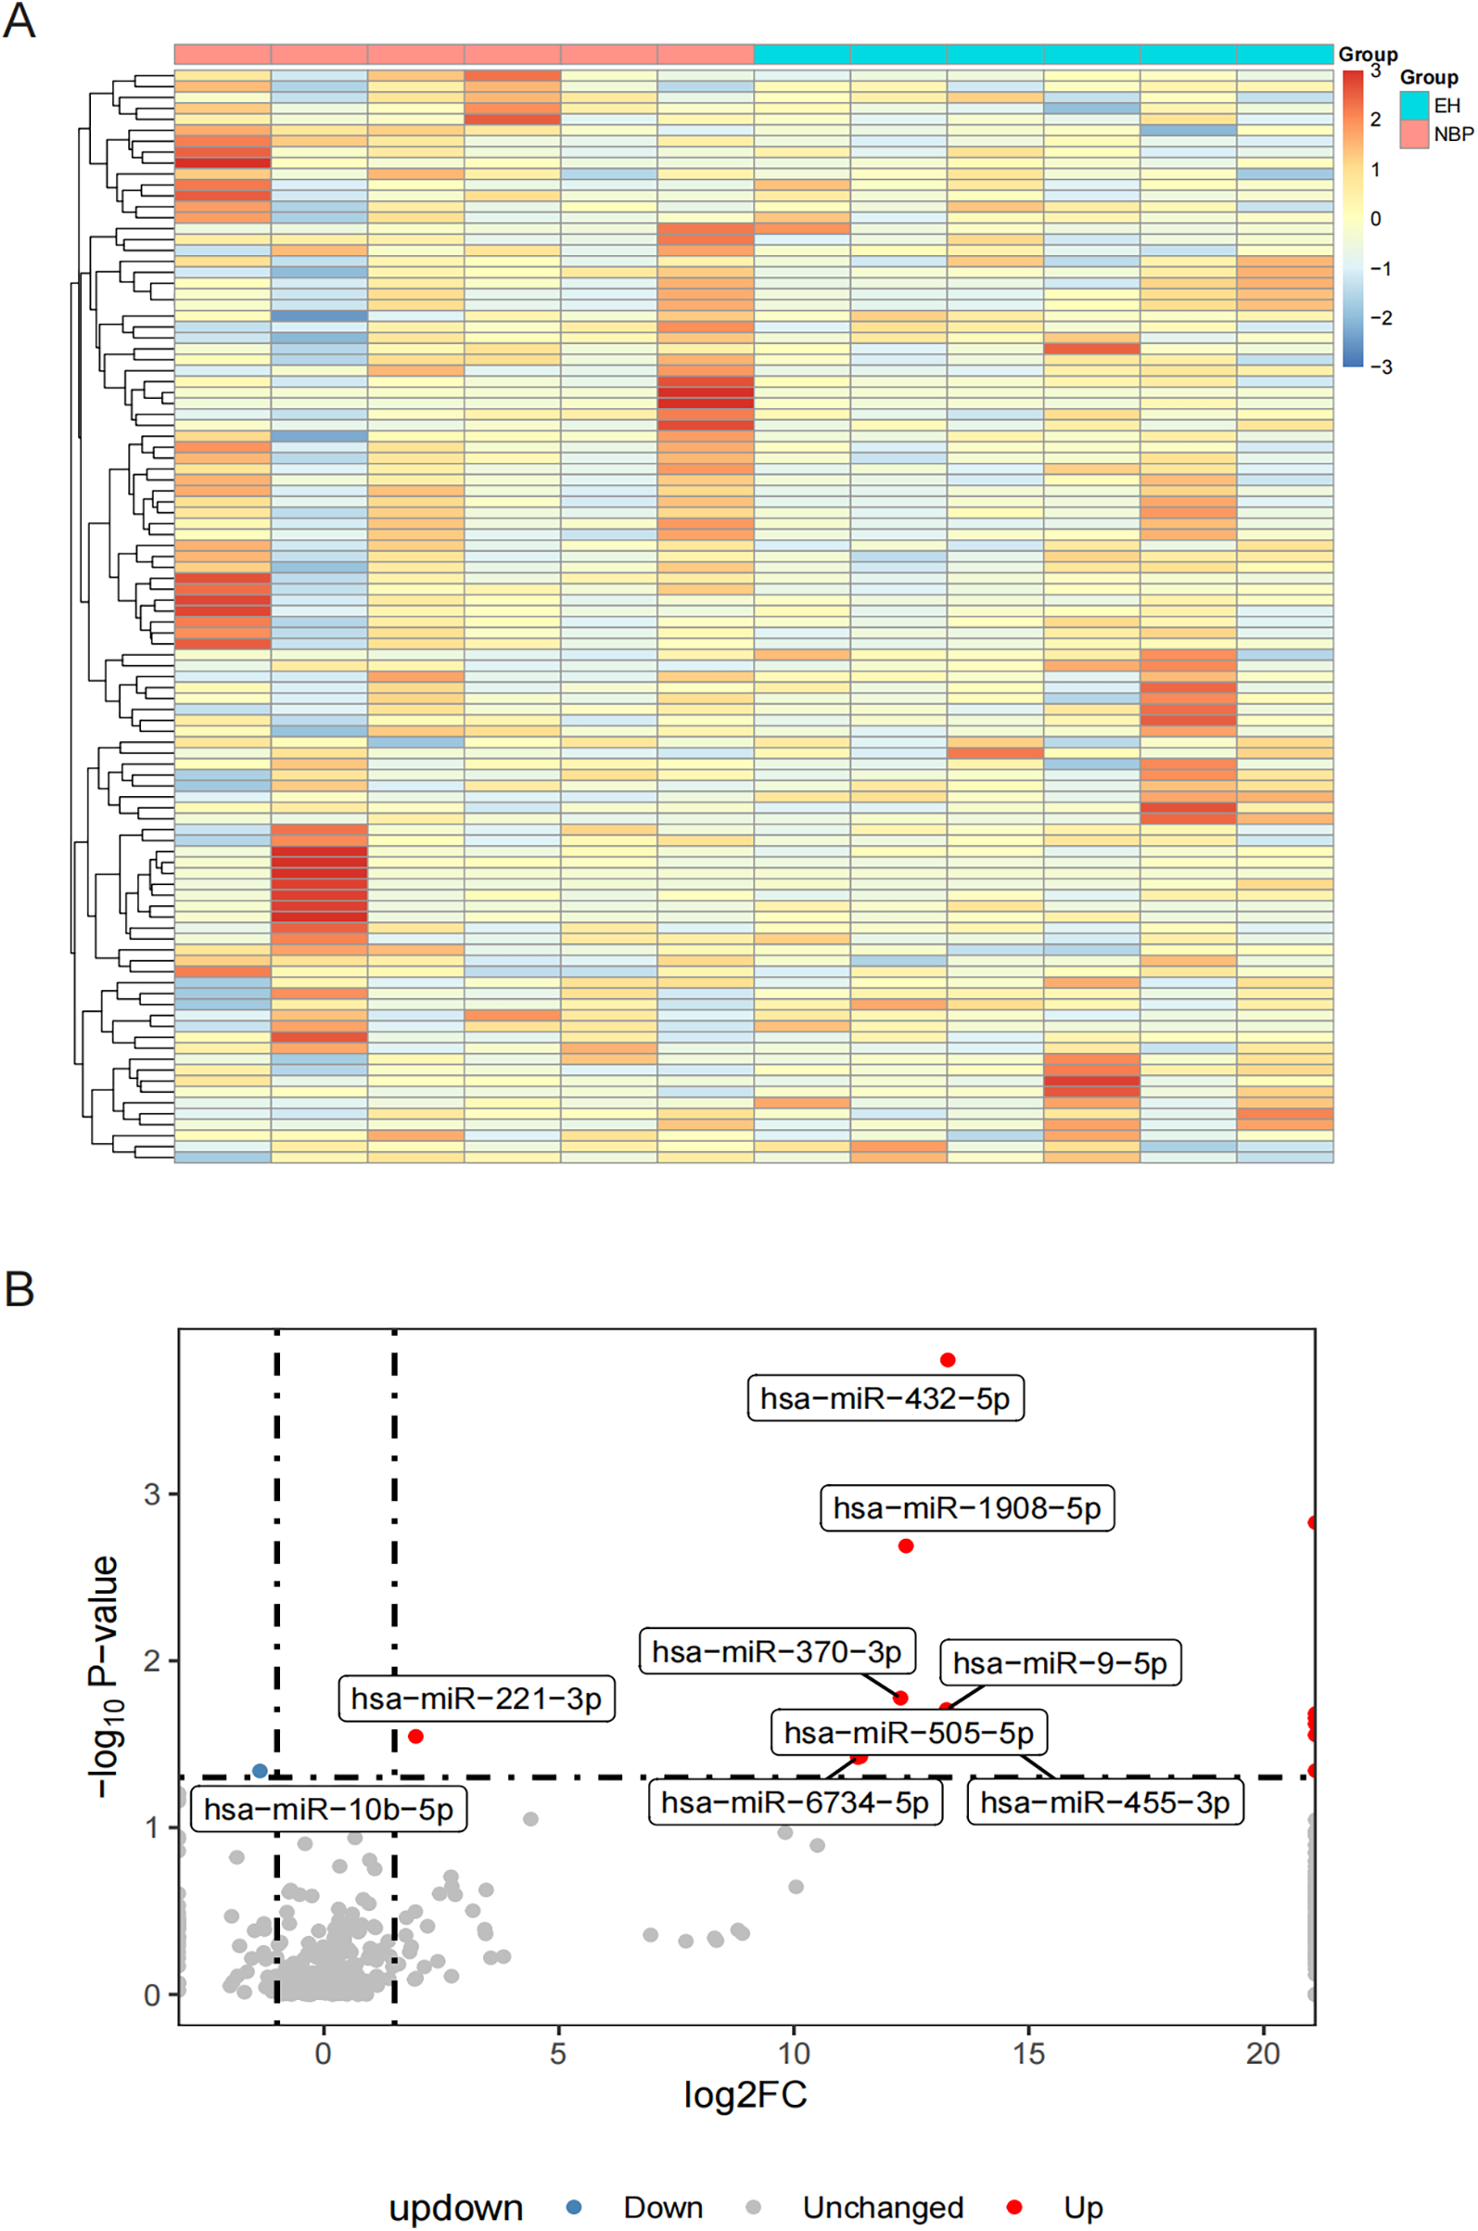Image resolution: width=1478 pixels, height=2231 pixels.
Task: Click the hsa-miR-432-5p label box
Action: point(886,1398)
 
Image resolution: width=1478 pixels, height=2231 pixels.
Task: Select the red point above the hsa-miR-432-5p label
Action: point(948,1360)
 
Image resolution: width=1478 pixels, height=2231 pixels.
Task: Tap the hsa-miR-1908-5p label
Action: point(967,1507)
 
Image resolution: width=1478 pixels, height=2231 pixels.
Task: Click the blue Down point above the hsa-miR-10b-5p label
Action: point(261,1771)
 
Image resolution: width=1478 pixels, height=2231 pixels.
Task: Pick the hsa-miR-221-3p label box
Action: point(476,1699)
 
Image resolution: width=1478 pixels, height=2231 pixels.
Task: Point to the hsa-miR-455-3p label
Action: point(1104,1801)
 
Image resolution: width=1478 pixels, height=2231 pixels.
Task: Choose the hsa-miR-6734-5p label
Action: point(795,1801)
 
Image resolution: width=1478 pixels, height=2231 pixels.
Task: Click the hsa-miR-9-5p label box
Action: point(1060,1662)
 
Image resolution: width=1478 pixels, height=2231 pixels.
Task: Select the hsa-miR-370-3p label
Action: point(777,1651)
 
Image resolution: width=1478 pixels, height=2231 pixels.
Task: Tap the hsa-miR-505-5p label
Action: point(909,1732)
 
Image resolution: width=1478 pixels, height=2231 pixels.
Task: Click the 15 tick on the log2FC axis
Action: point(1028,2054)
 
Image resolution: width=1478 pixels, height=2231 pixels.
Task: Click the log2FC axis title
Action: point(745,2095)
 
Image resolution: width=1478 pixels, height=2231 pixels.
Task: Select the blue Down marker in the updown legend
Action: point(573,2207)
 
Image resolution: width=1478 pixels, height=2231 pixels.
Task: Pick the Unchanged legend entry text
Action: point(883,2208)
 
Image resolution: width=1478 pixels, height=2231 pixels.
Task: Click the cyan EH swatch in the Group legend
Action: point(1414,106)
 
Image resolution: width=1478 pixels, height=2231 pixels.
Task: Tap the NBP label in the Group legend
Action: point(1453,135)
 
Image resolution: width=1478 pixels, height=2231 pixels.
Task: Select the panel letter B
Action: point(19,1289)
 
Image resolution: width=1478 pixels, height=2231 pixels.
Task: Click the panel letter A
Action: point(19,20)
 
